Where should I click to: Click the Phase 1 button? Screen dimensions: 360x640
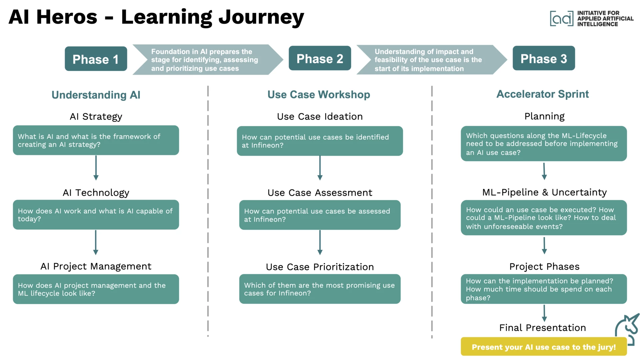(x=96, y=59)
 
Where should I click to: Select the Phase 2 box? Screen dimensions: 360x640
(x=320, y=59)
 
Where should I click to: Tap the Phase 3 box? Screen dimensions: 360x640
(x=544, y=59)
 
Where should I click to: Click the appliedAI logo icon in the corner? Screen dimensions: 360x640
(x=562, y=18)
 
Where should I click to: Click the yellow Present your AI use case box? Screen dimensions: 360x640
(x=544, y=347)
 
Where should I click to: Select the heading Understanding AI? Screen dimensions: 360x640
(x=96, y=95)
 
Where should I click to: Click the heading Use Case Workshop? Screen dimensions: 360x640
(x=319, y=95)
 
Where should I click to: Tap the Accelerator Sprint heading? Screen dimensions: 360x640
(x=543, y=94)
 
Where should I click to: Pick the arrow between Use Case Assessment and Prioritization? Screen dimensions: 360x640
(x=320, y=242)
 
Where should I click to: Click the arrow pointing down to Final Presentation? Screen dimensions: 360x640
(x=544, y=313)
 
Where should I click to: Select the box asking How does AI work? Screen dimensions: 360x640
(x=96, y=215)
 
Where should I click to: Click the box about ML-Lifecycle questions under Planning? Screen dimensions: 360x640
(x=544, y=144)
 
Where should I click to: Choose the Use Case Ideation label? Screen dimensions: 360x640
(x=320, y=117)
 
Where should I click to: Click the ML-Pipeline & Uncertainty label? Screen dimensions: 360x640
(x=544, y=192)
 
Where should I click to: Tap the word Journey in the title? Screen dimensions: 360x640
(x=261, y=17)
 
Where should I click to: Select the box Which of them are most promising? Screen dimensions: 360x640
(x=320, y=289)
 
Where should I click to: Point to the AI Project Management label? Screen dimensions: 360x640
(x=96, y=266)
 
